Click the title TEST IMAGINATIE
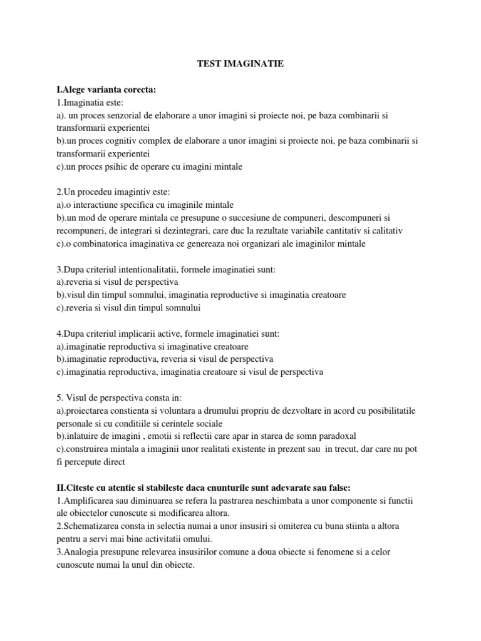240,63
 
